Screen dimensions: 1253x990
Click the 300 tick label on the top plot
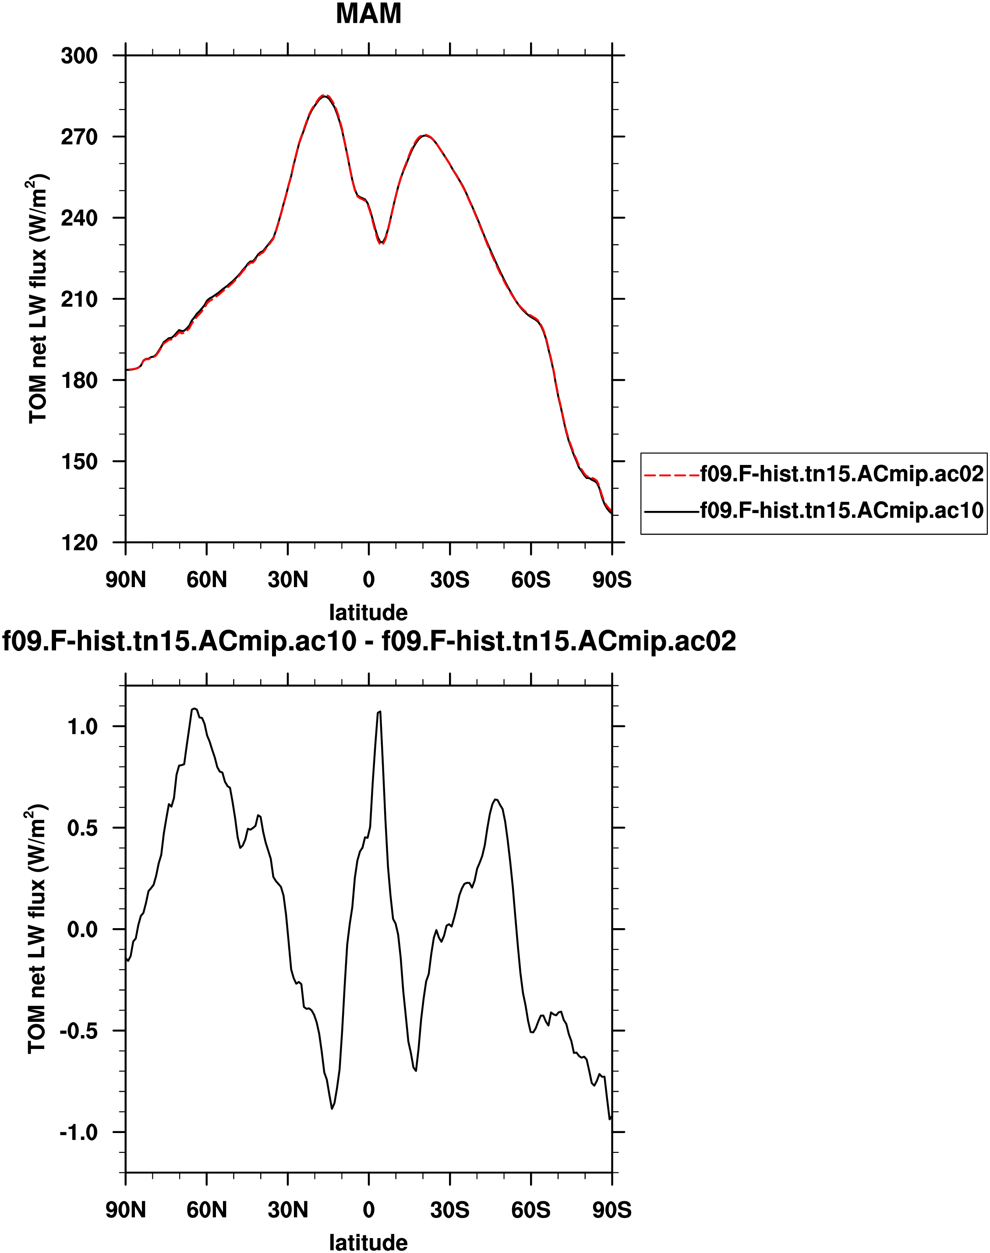pyautogui.click(x=79, y=56)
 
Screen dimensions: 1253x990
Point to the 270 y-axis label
pyautogui.click(x=79, y=137)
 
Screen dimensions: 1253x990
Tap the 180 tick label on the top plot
pyautogui.click(x=79, y=380)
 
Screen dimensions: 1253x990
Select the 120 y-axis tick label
pyautogui.click(x=79, y=543)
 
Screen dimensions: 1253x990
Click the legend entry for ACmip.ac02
pyautogui.click(x=841, y=474)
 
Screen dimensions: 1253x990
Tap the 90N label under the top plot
pyautogui.click(x=126, y=580)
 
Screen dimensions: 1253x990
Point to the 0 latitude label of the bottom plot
pyautogui.click(x=369, y=1210)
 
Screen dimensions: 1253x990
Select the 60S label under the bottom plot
pyautogui.click(x=530, y=1210)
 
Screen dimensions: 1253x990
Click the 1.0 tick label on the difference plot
pyautogui.click(x=82, y=726)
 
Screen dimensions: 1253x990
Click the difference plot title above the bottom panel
pyautogui.click(x=369, y=641)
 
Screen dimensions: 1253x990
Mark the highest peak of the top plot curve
pyautogui.click(x=325, y=96)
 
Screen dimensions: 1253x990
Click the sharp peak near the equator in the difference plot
pyautogui.click(x=379, y=711)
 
